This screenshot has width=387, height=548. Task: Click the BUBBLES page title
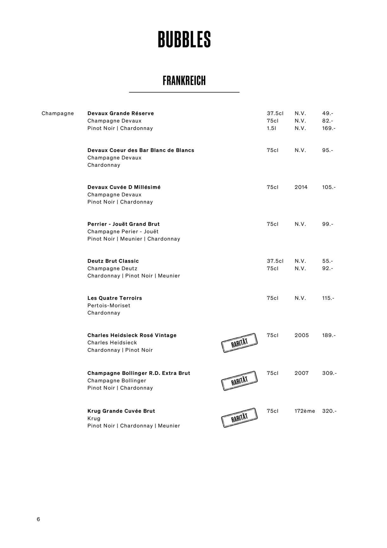(x=184, y=40)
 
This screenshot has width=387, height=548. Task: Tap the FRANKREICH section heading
(x=184, y=81)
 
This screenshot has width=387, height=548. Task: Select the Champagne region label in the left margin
(x=58, y=113)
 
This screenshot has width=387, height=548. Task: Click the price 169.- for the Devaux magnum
(x=329, y=128)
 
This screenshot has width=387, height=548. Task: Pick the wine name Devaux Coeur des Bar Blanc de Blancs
(x=141, y=150)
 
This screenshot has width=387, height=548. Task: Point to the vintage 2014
(x=301, y=187)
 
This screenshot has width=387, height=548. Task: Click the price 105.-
(x=329, y=187)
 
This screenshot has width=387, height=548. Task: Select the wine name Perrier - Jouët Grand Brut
(x=124, y=224)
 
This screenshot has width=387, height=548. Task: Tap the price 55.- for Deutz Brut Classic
(x=327, y=261)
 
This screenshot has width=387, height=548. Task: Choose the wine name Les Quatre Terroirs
(x=115, y=298)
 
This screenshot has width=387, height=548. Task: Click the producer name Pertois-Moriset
(x=109, y=306)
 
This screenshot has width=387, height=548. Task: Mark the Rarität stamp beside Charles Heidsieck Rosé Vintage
(x=239, y=343)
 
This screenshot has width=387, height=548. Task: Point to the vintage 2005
(x=301, y=335)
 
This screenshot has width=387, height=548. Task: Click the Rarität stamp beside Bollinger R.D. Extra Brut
(x=239, y=381)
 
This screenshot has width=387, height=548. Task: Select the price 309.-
(x=329, y=373)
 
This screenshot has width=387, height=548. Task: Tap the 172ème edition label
(x=305, y=411)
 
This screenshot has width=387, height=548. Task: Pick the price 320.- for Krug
(x=329, y=411)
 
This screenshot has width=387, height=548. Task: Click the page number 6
(x=38, y=519)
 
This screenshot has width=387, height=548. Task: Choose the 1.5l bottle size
(x=271, y=128)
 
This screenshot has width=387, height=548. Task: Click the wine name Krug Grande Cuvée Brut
(x=121, y=411)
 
